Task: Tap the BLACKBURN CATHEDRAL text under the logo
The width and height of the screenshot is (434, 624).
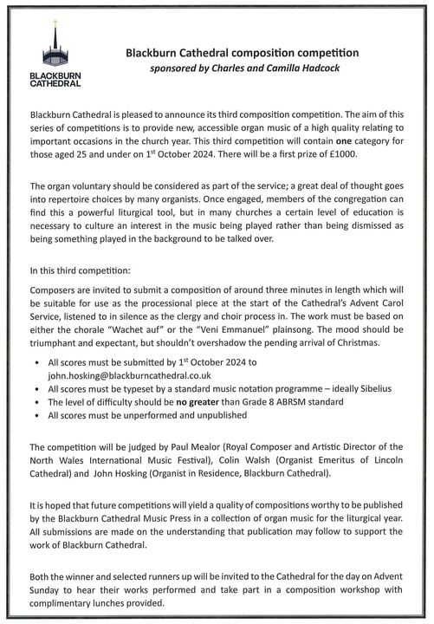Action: click(x=55, y=80)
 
